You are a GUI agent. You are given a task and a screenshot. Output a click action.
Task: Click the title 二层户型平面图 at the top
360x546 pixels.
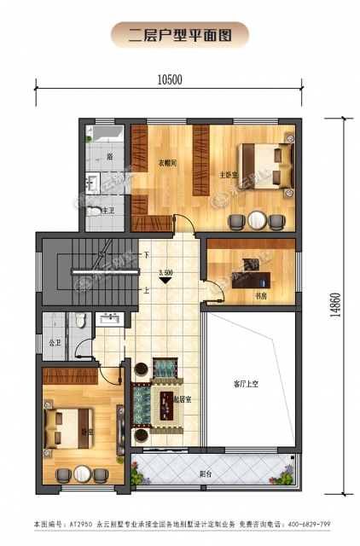click(180, 35)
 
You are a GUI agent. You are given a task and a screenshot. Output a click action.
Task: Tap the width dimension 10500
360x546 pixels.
click(171, 80)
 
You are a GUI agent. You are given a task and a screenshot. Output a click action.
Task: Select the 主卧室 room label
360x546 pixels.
click(227, 175)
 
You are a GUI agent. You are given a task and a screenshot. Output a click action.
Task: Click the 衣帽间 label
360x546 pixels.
click(167, 162)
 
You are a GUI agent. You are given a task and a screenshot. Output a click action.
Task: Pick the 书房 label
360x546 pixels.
click(261, 296)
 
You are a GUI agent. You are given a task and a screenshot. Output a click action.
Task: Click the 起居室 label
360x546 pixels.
click(181, 399)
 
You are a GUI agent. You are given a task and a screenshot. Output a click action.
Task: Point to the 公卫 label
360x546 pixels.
click(54, 342)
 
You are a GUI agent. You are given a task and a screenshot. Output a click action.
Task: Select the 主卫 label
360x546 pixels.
click(107, 210)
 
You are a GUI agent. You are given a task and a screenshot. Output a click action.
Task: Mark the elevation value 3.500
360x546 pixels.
click(167, 272)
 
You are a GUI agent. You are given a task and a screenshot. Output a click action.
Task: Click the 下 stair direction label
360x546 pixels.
click(147, 254)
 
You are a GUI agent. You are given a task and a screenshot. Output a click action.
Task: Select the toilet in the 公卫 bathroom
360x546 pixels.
click(78, 320)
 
